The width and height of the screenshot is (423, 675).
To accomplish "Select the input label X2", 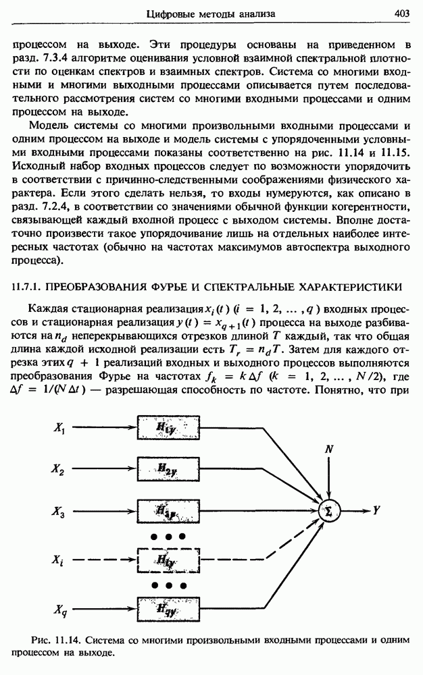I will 59,467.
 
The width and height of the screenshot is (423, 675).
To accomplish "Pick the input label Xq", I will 59,611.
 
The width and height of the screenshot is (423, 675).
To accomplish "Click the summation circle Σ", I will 328,510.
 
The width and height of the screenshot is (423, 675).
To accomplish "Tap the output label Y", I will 376,510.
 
